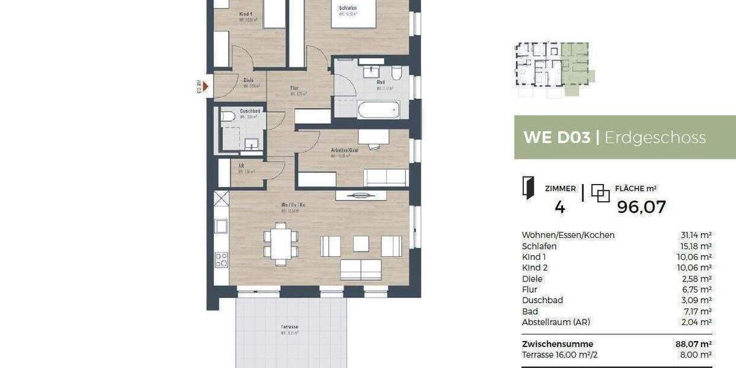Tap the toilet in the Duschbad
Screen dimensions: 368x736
[228, 117]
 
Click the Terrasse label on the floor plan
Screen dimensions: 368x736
[289, 328]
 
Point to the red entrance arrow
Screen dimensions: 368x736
[206, 86]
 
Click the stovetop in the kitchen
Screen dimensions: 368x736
[221, 259]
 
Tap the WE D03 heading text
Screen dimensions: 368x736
[556, 137]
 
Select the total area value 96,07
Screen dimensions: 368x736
[641, 207]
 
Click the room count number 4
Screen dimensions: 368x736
[559, 207]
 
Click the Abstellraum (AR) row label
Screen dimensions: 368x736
[556, 322]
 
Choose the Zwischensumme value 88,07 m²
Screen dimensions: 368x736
[692, 344]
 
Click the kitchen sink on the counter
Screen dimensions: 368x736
[221, 226]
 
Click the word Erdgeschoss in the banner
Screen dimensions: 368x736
[655, 137]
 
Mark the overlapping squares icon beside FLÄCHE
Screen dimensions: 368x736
[600, 193]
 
